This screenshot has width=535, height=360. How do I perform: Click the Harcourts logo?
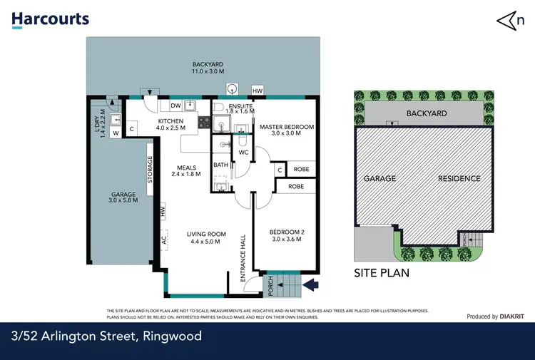[51, 19]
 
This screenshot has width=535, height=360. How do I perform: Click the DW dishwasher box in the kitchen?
[175, 106]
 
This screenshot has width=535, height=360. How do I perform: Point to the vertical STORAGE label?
[150, 170]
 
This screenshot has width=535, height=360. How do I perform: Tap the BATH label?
[220, 165]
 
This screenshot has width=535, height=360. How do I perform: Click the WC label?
[243, 152]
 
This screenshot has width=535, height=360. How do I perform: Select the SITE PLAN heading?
[381, 273]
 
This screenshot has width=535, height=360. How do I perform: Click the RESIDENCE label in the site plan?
[459, 179]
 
